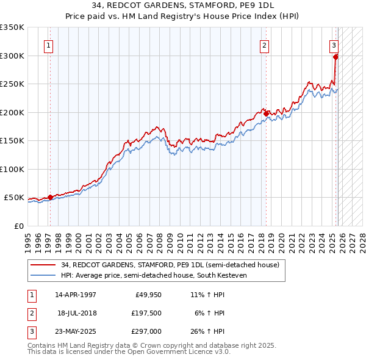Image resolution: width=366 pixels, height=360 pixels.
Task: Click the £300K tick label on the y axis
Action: coord(12,56)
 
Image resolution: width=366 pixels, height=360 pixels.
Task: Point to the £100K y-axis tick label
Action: coord(12,169)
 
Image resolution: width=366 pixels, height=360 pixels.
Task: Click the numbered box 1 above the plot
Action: coord(48,45)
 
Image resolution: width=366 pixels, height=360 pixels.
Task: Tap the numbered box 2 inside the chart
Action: coord(264,45)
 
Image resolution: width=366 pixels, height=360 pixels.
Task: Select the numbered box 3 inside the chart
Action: coord(334,45)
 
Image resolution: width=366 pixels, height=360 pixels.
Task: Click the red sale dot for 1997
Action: coord(51,197)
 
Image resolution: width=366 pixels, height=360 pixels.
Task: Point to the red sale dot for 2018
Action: coord(266,113)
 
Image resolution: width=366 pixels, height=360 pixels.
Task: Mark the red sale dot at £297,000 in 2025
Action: coord(336,57)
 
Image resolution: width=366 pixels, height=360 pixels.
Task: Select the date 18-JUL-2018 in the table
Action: coord(77,313)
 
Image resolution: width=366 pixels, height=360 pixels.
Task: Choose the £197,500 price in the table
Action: coord(146,313)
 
